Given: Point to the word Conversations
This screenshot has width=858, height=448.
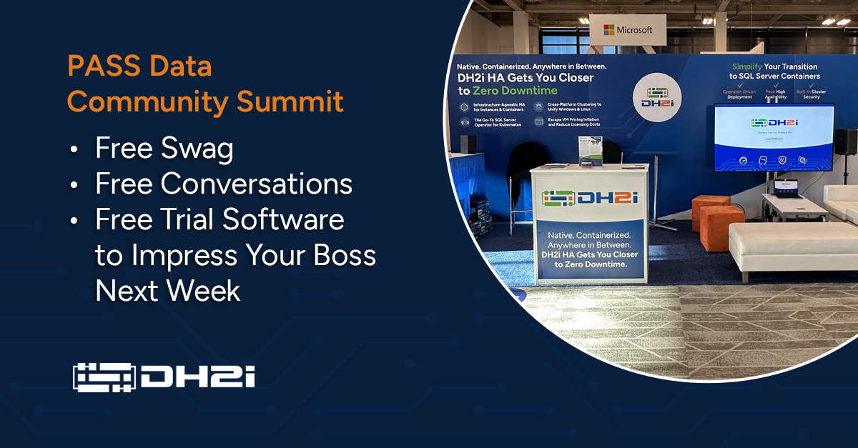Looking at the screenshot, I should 256,184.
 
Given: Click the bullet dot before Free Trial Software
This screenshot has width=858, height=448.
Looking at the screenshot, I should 75,221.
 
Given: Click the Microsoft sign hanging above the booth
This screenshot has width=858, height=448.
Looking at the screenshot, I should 628,30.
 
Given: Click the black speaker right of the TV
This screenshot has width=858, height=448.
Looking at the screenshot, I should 846,141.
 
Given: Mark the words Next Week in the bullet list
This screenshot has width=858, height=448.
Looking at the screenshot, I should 168,291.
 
